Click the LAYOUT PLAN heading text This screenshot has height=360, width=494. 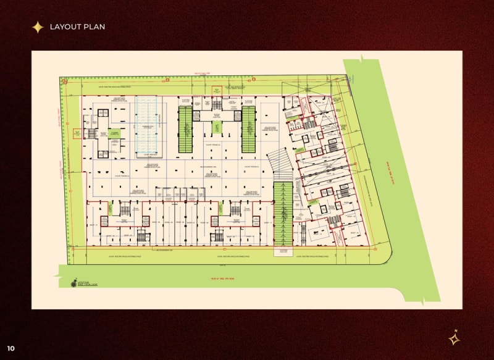(77, 27)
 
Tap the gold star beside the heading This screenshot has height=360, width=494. (38, 27)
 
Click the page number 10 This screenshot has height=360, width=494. (11, 348)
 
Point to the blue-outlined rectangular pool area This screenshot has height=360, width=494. (146, 126)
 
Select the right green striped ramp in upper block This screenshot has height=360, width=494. (248, 129)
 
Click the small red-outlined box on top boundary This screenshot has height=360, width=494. (216, 91)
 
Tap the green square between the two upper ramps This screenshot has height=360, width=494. (217, 127)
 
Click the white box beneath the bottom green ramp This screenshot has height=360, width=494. (283, 251)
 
